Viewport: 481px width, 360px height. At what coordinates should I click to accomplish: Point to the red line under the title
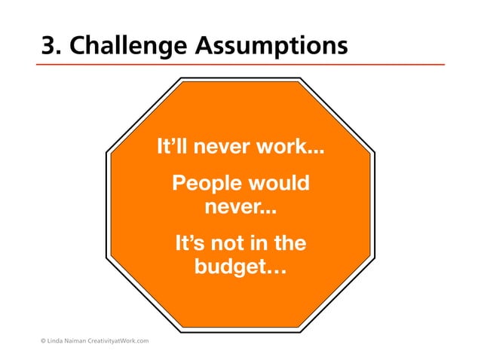(241, 66)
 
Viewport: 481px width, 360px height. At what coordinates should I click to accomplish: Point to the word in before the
(261, 244)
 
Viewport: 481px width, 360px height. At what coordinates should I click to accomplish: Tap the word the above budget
(291, 244)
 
